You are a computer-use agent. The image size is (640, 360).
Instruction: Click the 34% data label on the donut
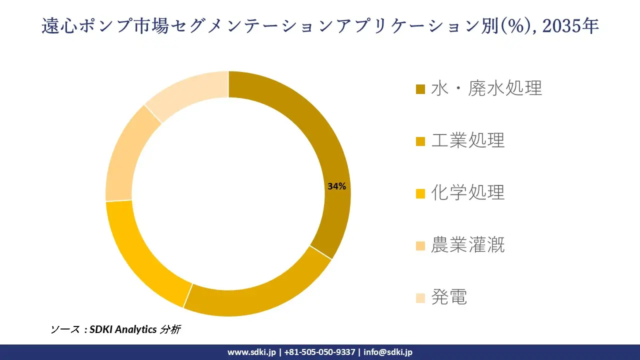pos(336,186)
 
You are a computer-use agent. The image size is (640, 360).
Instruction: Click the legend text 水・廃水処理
pos(486,88)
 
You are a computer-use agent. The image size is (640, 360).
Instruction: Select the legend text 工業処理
pos(468,140)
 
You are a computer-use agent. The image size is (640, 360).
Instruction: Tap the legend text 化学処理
pos(468,192)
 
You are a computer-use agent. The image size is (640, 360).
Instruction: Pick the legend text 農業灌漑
pos(468,245)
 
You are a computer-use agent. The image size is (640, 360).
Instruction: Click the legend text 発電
pos(449,297)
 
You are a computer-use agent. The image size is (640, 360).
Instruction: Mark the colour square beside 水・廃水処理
pos(420,89)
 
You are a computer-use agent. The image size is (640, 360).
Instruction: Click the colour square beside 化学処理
pos(420,193)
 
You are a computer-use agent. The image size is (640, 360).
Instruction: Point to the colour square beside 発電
pos(420,298)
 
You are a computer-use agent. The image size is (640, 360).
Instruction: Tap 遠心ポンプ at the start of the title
pos(88,26)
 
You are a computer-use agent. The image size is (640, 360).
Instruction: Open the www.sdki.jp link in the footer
pos(251,352)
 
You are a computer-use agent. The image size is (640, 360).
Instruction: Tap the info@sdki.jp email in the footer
pos(388,352)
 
